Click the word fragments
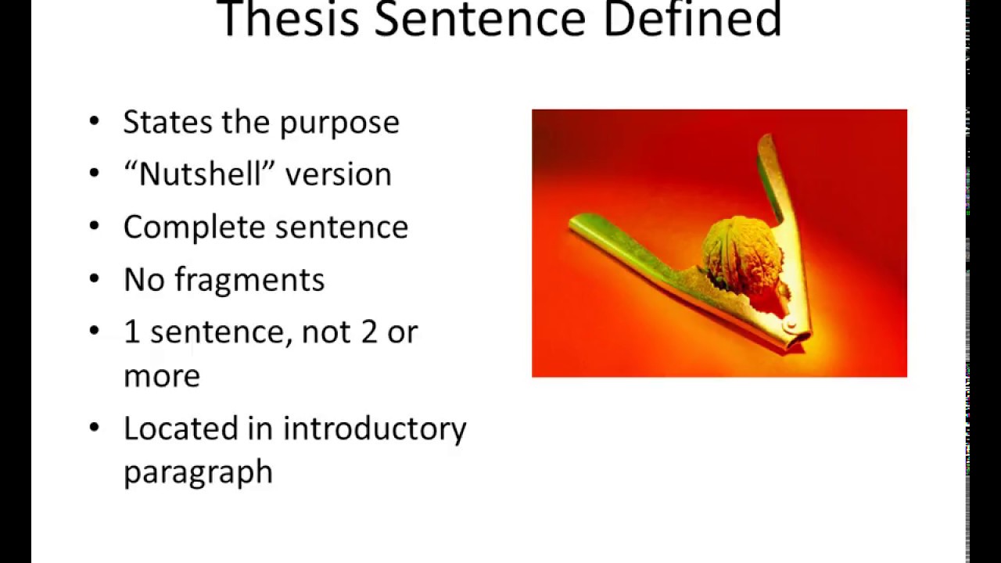pos(249,280)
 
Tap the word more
pos(162,376)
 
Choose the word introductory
pos(375,429)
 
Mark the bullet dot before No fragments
pos(95,278)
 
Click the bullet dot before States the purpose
pos(95,121)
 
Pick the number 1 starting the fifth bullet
pos(131,332)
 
